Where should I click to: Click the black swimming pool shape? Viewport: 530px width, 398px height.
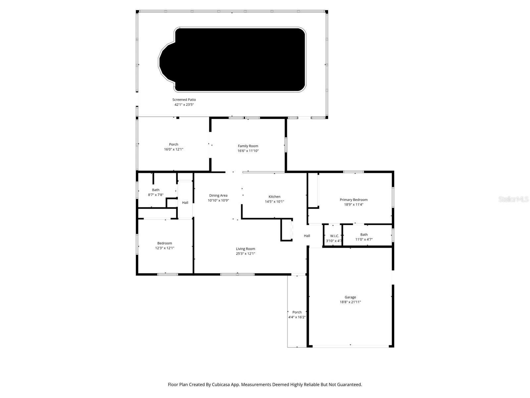tap(238, 60)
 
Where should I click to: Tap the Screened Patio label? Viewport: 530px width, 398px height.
tap(184, 99)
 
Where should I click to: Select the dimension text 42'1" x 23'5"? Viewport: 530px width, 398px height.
tap(184, 104)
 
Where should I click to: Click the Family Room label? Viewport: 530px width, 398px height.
tap(248, 146)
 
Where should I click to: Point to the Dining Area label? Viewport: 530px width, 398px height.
tap(218, 196)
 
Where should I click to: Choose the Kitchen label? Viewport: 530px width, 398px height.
tap(274, 197)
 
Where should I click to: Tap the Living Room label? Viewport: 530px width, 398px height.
tap(245, 249)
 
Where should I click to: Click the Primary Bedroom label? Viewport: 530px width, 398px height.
tap(353, 200)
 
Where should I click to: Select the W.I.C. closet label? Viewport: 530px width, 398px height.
tap(335, 236)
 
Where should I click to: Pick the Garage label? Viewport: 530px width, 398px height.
tap(350, 297)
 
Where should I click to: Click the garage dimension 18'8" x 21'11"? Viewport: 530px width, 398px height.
tap(350, 302)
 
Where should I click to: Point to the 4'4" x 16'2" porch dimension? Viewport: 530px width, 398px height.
tap(297, 317)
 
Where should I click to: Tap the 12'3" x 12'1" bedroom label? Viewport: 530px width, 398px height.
tap(165, 248)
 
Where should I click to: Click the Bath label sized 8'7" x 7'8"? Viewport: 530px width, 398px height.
tap(156, 190)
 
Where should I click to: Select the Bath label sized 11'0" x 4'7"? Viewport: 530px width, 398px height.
tap(364, 234)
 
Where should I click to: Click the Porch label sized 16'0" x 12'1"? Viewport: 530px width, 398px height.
tap(174, 144)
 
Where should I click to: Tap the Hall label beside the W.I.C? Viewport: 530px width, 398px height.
tap(307, 236)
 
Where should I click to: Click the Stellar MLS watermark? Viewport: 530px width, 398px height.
tap(513, 199)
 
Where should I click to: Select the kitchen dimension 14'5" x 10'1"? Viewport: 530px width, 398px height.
tap(274, 202)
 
